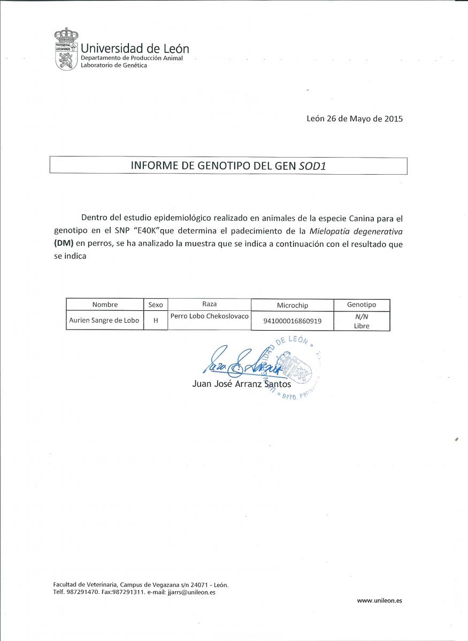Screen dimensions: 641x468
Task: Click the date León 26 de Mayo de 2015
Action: [x=355, y=119]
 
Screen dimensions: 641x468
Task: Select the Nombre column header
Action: [x=105, y=304]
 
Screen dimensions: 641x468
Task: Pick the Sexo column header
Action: [x=156, y=304]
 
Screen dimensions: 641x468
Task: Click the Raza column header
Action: [x=210, y=303]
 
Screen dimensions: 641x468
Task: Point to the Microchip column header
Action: [x=292, y=305]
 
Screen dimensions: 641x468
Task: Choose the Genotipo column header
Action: [x=362, y=304]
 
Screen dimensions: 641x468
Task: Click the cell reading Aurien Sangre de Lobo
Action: [x=104, y=320]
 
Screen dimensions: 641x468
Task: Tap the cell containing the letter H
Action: [x=156, y=321]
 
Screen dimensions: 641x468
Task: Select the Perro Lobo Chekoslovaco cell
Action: [x=210, y=316]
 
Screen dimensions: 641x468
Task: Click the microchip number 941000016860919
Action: [x=292, y=322]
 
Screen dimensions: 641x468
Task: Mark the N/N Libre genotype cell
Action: [x=362, y=321]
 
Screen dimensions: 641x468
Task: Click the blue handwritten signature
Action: [x=241, y=363]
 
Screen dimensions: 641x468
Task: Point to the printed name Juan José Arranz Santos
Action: [x=241, y=384]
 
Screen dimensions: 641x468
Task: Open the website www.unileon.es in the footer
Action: [x=379, y=600]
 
